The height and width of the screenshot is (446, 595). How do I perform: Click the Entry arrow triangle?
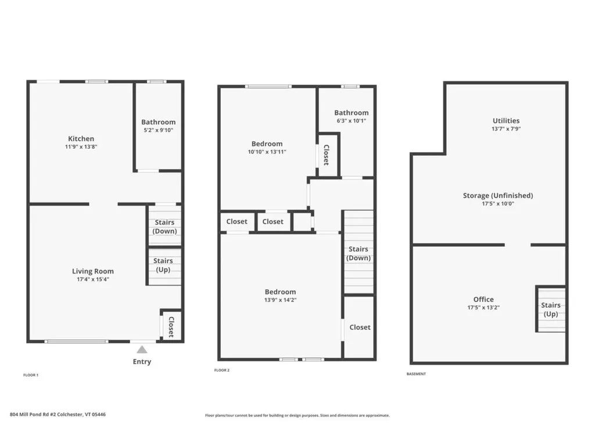142,350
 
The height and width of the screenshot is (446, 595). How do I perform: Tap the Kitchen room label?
81,139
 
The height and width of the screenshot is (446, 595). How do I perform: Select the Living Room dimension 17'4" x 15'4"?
93,279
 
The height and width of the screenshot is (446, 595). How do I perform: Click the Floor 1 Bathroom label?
158,122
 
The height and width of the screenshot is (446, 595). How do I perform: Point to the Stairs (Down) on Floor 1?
164,226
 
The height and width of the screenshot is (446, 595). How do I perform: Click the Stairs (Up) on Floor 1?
164,265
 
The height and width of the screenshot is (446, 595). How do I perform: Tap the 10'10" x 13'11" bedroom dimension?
267,152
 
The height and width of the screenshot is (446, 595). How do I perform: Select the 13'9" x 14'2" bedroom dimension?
280,300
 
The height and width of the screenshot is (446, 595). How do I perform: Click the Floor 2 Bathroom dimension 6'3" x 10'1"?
351,121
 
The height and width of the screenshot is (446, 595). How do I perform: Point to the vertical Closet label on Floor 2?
326,155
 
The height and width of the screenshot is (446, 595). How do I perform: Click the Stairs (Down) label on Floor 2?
359,253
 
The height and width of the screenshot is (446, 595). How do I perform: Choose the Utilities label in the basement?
506,121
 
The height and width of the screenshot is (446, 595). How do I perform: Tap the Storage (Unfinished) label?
498,196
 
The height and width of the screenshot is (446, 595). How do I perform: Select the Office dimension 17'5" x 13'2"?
483,307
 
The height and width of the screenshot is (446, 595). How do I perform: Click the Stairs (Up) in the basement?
551,309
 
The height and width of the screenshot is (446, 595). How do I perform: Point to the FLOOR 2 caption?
222,370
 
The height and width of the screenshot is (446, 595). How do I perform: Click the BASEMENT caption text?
416,374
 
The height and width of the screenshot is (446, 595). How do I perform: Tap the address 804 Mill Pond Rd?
58,415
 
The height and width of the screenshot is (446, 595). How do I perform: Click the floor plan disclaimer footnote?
297,415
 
